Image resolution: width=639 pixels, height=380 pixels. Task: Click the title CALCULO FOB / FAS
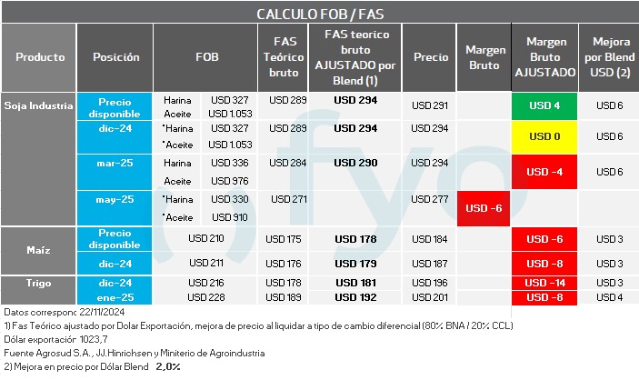point(319,14)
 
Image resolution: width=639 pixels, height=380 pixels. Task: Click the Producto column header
point(40,56)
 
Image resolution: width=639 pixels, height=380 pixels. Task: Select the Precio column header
point(431,56)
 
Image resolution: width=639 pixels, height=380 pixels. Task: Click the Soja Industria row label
point(38,105)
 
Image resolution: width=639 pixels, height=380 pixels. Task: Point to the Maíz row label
point(38,238)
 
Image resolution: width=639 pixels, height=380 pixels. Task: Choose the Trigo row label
point(38,283)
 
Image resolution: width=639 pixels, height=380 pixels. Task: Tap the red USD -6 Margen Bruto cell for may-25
point(484,209)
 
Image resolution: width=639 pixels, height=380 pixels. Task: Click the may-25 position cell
point(115,199)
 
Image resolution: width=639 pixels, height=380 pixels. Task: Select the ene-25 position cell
point(115,297)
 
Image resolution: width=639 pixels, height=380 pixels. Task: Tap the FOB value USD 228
point(205,297)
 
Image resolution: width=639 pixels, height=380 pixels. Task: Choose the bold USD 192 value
point(355,297)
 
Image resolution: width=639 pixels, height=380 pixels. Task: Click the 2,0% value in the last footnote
point(169,366)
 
